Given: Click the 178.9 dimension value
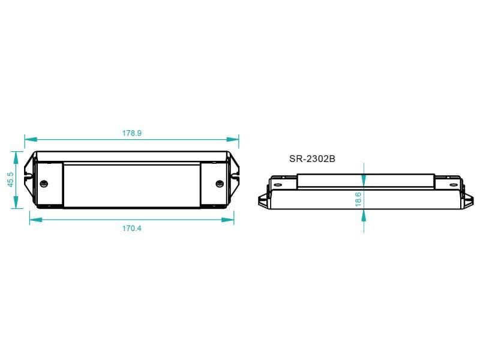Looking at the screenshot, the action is pyautogui.click(x=131, y=133).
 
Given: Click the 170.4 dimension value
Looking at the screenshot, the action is pyautogui.click(x=131, y=229).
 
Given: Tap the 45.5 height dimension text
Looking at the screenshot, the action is pyautogui.click(x=10, y=179).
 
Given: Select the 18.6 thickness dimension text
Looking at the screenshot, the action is pyautogui.click(x=358, y=199).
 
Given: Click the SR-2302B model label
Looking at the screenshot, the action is pyautogui.click(x=312, y=159).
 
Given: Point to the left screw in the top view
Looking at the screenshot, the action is pyautogui.click(x=44, y=184).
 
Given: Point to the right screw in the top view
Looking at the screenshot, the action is pyautogui.click(x=220, y=184).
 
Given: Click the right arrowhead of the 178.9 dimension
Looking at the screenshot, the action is pyautogui.click(x=233, y=139).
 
